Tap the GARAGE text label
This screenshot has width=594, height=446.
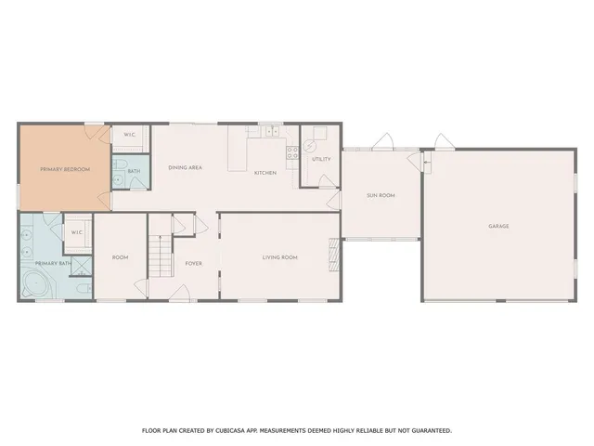click(498, 226)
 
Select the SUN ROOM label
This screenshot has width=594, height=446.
click(381, 195)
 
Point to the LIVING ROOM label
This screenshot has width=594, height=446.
click(279, 256)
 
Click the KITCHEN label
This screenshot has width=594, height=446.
click(265, 173)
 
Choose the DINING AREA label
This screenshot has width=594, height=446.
click(185, 167)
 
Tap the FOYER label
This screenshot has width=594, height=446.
click(193, 263)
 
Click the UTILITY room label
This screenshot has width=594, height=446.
click(321, 159)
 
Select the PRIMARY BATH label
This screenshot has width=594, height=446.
click(53, 264)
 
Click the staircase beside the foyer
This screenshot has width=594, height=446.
click(161, 256)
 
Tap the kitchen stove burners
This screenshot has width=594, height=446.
click(291, 152)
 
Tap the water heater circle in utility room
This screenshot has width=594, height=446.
click(311, 145)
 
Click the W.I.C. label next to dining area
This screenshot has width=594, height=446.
click(131, 135)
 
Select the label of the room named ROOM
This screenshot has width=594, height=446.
click(120, 257)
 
